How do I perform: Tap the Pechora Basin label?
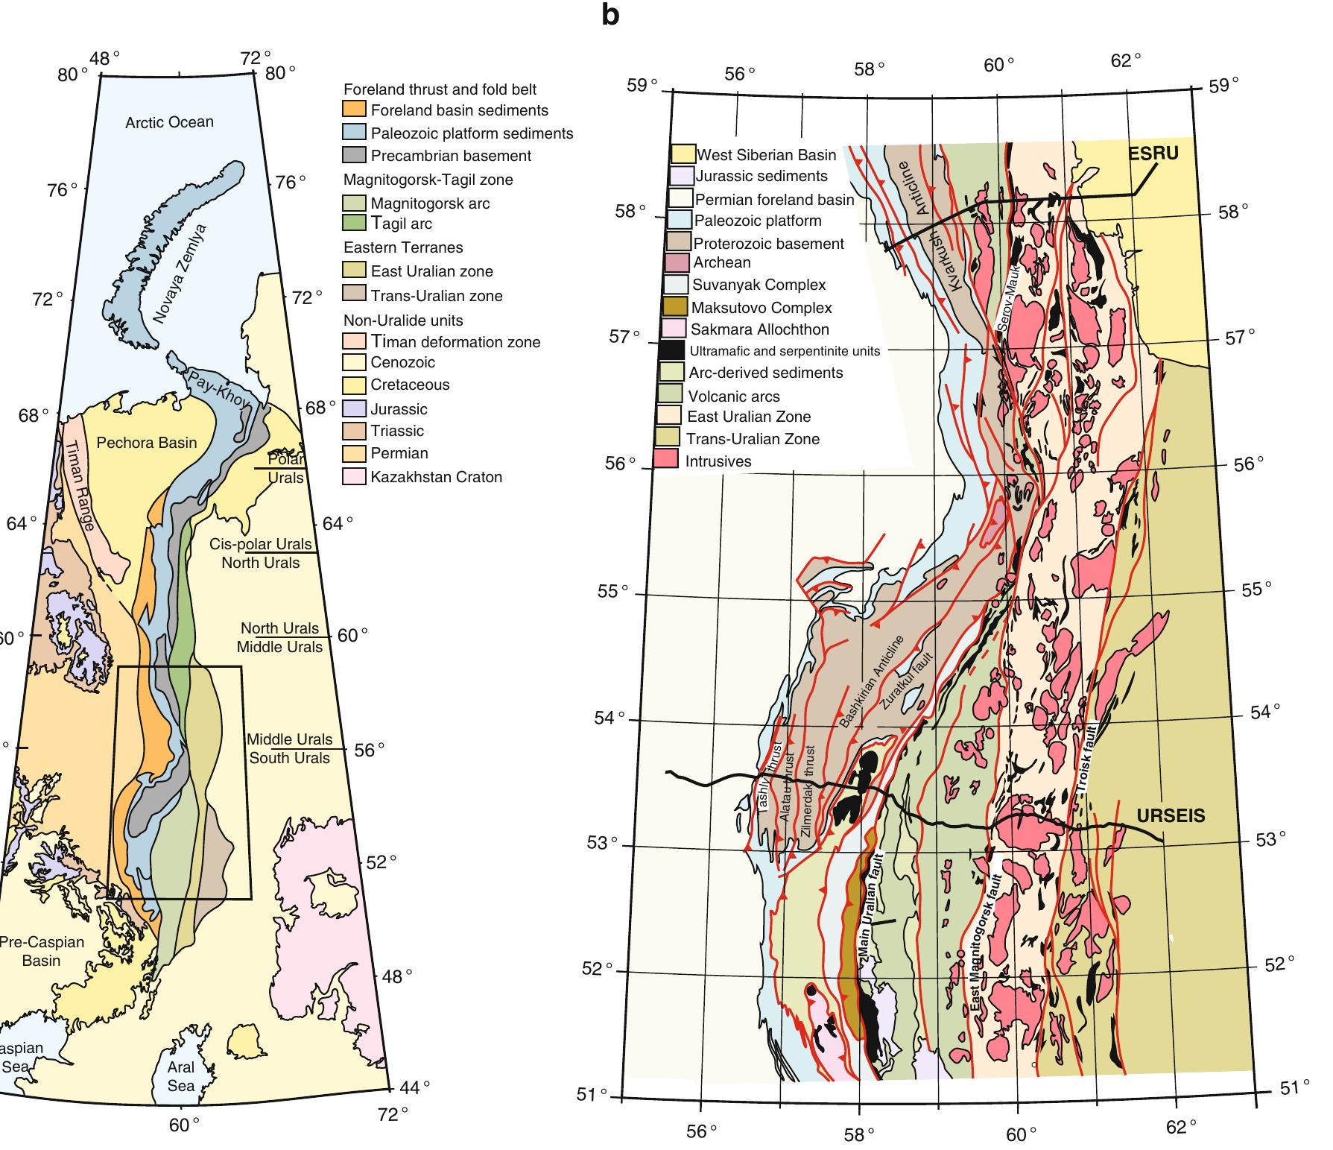point(147,443)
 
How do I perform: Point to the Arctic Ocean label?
point(169,122)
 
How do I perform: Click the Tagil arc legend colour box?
point(354,223)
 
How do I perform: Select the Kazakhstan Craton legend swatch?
point(354,477)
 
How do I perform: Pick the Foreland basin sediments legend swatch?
point(354,110)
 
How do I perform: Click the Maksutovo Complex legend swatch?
point(674,307)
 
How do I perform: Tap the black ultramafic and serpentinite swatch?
point(671,350)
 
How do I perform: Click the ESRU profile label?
point(1153,154)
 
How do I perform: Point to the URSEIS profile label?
point(1171,816)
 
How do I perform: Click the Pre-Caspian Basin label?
point(41,951)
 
